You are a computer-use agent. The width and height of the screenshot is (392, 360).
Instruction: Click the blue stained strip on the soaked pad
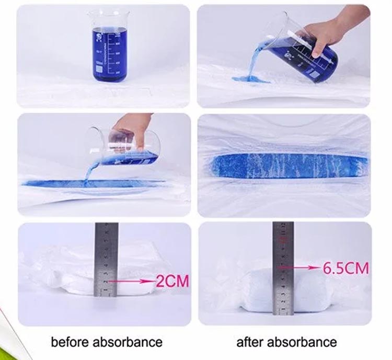point(285,165)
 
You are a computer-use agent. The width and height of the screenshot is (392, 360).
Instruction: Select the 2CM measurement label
point(172,281)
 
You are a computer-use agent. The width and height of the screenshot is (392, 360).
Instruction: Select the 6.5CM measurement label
point(345,269)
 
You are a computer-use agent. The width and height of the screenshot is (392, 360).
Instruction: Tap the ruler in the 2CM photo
point(106,259)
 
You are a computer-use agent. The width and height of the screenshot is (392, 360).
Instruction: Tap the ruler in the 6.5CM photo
point(283,266)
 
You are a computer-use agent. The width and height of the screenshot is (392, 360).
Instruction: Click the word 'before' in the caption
point(71,343)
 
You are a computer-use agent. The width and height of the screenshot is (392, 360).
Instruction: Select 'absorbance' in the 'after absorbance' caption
point(303,343)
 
